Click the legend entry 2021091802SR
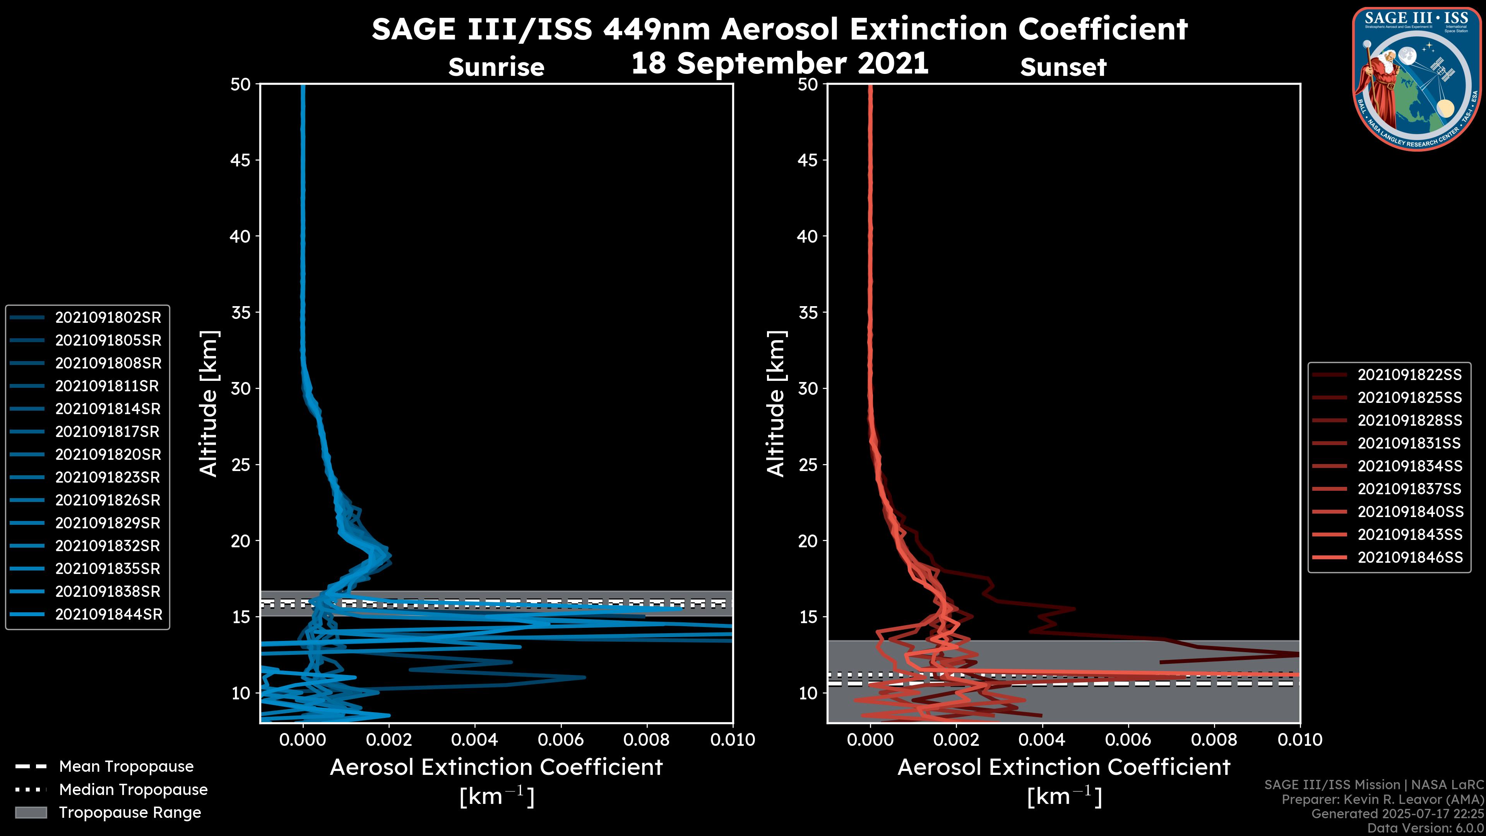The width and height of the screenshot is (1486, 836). (x=108, y=317)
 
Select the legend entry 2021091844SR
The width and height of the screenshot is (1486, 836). (x=108, y=615)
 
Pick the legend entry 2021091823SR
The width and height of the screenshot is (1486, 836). (x=108, y=477)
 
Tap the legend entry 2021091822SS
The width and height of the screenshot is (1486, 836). (x=1409, y=375)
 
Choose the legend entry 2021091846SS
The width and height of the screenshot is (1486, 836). (x=1410, y=557)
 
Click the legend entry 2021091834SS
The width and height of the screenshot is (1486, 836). (x=1409, y=466)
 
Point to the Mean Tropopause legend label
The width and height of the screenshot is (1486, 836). (x=126, y=766)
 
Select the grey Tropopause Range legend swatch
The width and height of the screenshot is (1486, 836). (x=31, y=812)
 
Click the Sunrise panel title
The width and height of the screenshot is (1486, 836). (x=496, y=67)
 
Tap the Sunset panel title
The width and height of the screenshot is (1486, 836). (x=1063, y=67)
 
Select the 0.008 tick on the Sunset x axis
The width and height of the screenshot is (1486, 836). (x=1214, y=740)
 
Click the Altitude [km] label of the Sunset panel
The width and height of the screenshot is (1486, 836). (x=776, y=404)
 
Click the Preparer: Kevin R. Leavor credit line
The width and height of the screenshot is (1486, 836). (x=1382, y=800)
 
